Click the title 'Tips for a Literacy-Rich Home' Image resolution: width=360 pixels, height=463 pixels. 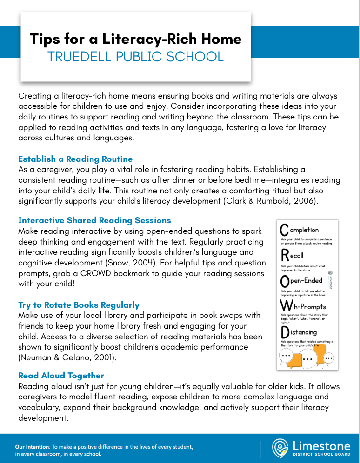(135, 39)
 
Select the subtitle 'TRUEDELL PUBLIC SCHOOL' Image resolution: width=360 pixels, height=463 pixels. (135, 57)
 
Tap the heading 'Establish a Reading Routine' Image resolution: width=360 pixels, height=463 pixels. (75, 159)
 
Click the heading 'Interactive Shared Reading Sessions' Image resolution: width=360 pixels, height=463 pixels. (94, 220)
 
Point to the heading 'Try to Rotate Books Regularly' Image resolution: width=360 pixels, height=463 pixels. (79, 305)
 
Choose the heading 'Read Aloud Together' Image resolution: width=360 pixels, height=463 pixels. (61, 375)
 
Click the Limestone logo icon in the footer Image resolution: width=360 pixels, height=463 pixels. (279, 448)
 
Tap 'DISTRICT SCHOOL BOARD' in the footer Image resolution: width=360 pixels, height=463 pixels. (320, 454)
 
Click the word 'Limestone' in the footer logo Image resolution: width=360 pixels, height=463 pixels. (320, 445)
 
